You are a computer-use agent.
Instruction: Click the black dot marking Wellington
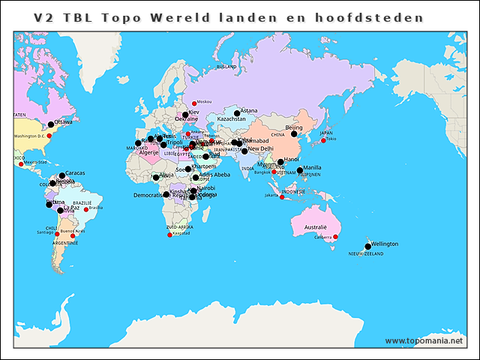point(367,246)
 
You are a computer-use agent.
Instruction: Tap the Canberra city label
point(322,237)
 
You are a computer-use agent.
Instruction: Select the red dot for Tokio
point(323,140)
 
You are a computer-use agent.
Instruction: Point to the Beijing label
point(295,127)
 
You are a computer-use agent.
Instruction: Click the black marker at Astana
point(237,114)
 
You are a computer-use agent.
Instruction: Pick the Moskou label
point(204,102)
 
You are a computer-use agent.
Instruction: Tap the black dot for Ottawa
point(51,124)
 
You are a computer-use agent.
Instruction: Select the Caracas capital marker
point(62,175)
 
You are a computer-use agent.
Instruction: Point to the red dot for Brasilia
point(86,209)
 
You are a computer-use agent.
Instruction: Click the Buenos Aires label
point(72,232)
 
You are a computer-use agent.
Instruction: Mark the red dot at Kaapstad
point(169,235)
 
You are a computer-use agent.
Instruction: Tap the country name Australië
point(315,226)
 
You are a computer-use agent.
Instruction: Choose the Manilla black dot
point(300,170)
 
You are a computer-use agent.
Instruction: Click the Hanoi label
point(292,159)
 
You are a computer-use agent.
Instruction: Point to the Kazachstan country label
point(231,119)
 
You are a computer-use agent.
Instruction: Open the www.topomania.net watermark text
point(424,340)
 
